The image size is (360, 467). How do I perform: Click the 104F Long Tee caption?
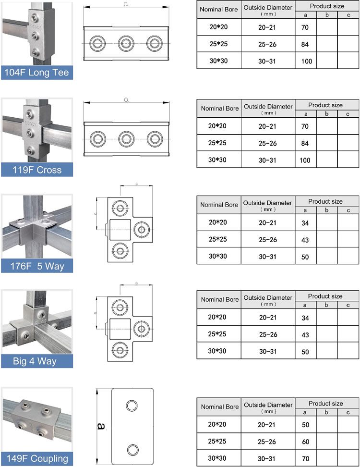[36, 73]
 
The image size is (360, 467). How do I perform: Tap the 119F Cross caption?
[37, 170]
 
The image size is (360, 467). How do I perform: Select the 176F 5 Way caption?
[36, 266]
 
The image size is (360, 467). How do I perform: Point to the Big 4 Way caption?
[36, 361]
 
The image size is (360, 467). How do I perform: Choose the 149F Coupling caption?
[36, 458]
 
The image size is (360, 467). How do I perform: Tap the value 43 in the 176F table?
[306, 239]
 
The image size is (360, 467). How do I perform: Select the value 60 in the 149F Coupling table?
[306, 442]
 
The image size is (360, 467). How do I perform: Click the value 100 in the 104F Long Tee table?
[306, 61]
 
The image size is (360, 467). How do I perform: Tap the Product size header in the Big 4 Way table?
[325, 296]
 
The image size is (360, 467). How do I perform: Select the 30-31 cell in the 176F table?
[268, 257]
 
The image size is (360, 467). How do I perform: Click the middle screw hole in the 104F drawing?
[126, 42]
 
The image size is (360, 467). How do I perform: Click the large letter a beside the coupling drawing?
[102, 426]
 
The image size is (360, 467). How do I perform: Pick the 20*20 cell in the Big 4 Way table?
[218, 318]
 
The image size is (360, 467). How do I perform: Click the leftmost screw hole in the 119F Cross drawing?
[98, 139]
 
